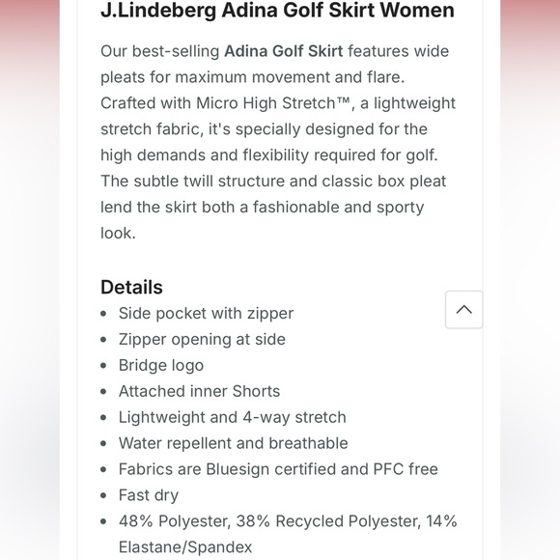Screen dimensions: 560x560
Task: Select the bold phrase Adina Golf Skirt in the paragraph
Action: point(283,51)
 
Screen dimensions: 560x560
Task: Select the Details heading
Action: point(131,287)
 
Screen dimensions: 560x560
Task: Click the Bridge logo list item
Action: point(161,365)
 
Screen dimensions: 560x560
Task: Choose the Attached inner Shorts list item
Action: point(199,391)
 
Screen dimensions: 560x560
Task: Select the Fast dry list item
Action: point(149,495)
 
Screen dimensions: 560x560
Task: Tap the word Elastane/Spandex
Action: point(185,547)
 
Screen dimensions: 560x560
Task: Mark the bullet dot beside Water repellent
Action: point(104,443)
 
